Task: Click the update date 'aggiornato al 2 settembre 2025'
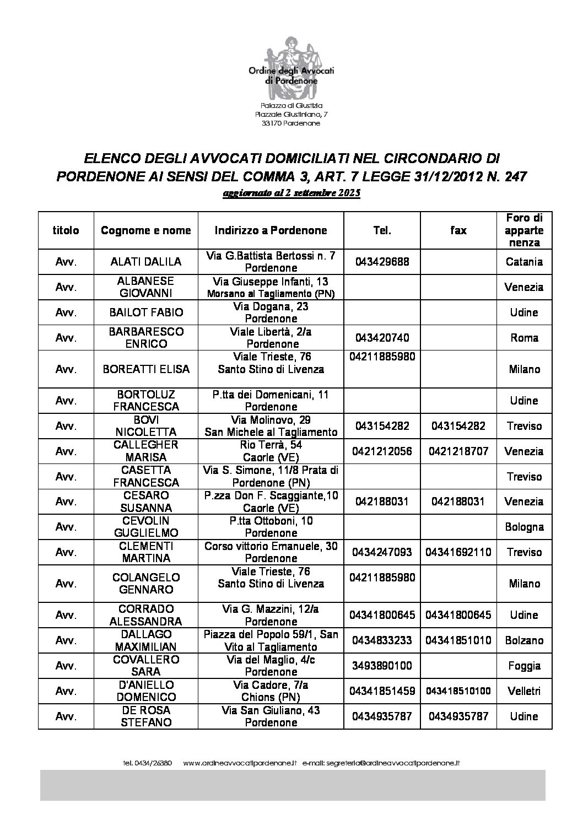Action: [291, 194]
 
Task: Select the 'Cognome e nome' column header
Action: [146, 230]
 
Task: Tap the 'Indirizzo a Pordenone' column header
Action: [271, 230]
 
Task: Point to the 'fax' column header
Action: [458, 230]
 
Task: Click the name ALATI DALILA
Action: [146, 262]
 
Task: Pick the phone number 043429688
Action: [382, 262]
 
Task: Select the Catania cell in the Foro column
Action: [524, 262]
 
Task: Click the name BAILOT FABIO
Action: [146, 312]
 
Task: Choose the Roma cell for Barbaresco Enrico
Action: [524, 338]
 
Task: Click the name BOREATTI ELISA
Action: [146, 369]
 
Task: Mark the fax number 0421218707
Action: [458, 451]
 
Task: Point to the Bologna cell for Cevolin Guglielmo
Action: [524, 527]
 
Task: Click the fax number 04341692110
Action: [458, 552]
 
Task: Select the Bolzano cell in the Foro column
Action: [524, 640]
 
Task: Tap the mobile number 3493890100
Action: [382, 666]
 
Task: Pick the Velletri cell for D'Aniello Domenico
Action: [524, 691]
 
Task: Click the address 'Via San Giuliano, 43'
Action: [271, 710]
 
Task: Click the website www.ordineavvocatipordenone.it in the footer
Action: [240, 763]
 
